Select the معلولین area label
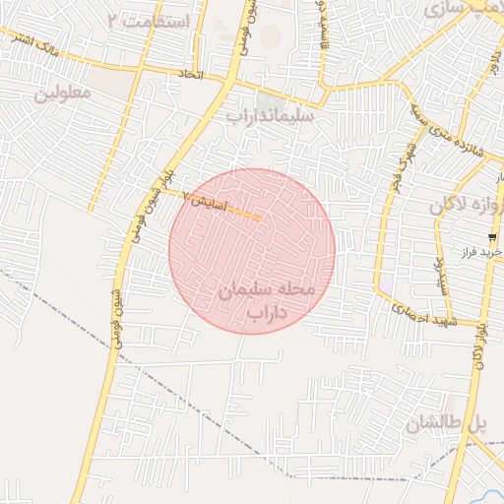tap(63, 94)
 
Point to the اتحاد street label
tap(190, 75)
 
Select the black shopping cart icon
tap(491, 237)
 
